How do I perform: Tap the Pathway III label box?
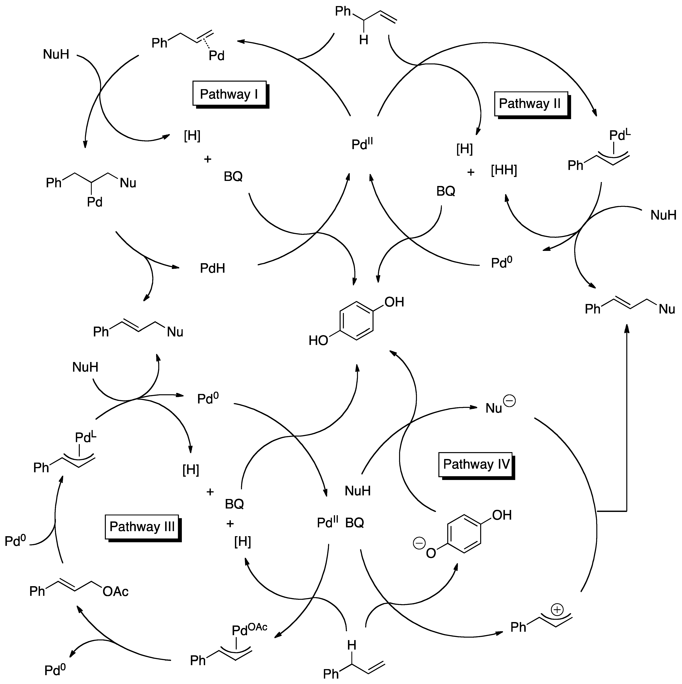click(x=142, y=527)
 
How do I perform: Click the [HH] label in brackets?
click(x=504, y=170)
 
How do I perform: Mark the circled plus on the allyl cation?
click(x=557, y=610)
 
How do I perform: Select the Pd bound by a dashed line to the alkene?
click(x=217, y=56)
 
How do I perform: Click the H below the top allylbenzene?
click(x=364, y=40)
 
